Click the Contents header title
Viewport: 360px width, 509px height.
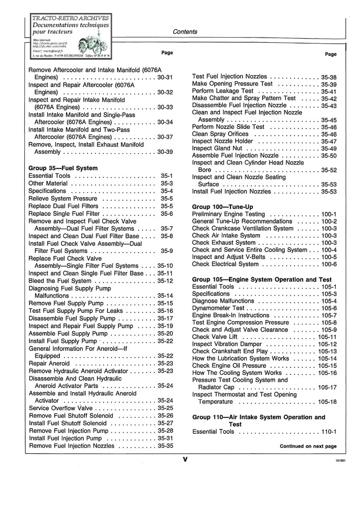point(185,31)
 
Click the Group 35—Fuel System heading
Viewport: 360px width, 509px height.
point(63,168)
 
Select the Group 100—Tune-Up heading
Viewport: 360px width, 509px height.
point(222,207)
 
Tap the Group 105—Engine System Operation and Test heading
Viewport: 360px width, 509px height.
point(261,279)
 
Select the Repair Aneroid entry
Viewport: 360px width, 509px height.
point(49,364)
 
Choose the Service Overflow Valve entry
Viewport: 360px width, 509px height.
point(61,408)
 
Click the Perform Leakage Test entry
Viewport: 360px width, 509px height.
point(223,91)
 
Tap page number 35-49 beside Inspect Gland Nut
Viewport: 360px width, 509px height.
point(329,148)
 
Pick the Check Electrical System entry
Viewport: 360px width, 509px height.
point(225,264)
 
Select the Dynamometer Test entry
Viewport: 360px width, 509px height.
point(218,308)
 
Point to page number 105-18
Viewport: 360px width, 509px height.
point(327,402)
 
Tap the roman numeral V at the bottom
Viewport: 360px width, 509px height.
point(185,460)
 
